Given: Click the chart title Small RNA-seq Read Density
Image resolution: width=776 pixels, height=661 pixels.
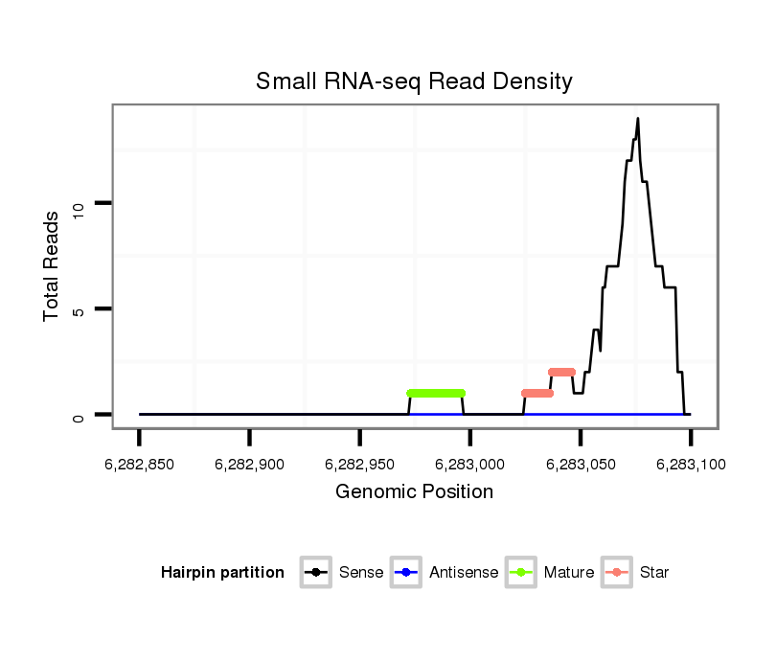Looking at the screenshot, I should coord(414,81).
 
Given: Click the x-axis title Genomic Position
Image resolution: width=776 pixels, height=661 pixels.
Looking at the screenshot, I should coord(414,492).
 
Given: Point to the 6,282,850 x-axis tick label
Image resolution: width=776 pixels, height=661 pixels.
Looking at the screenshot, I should coord(140,465).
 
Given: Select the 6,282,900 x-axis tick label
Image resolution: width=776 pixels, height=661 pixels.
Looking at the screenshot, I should coord(250,465).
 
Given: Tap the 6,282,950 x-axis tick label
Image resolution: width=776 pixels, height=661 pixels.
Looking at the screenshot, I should coord(360,465).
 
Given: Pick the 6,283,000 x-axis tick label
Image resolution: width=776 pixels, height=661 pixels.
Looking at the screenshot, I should coord(470,465).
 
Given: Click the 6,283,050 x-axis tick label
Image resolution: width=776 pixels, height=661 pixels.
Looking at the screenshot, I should coord(581,465).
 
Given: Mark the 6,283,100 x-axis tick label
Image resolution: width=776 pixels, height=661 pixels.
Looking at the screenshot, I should coord(691,465).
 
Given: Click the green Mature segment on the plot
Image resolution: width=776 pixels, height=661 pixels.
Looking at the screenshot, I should coord(436,393).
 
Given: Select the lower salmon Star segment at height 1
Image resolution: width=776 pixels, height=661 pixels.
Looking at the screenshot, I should coord(537,393).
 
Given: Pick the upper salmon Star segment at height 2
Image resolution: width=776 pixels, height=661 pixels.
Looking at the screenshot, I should coord(562,372).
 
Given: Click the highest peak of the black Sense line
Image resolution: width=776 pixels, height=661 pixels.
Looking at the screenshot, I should coord(638,119).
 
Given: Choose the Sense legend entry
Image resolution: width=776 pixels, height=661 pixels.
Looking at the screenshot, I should coord(342,573).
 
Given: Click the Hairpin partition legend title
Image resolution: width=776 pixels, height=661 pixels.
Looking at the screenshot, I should coord(222,573).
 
